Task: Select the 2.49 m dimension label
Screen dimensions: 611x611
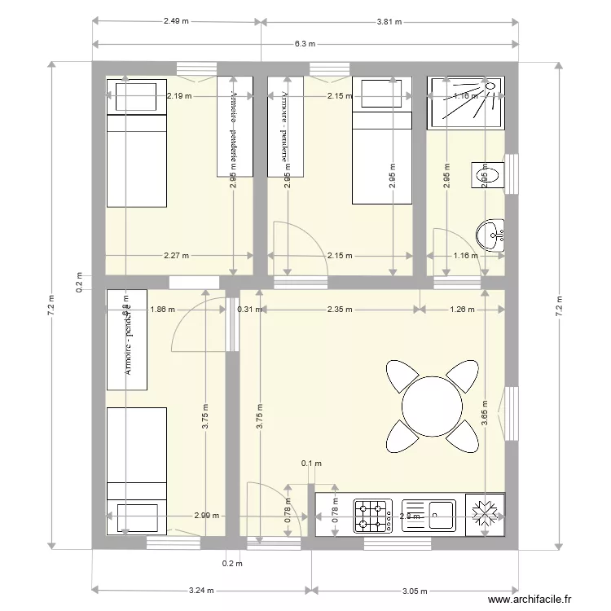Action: point(178,22)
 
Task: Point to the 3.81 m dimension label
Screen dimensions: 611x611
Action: point(389,22)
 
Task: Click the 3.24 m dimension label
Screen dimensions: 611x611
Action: point(197,590)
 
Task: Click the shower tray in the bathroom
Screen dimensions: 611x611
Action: point(465,103)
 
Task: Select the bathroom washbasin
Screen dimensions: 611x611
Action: point(492,235)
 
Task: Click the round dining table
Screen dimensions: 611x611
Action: point(432,405)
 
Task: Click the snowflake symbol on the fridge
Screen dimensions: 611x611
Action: point(486,515)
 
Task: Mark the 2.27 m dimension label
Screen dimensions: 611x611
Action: point(176,256)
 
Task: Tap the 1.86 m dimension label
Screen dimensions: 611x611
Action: point(163,309)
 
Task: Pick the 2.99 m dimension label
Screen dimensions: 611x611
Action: point(207,516)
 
